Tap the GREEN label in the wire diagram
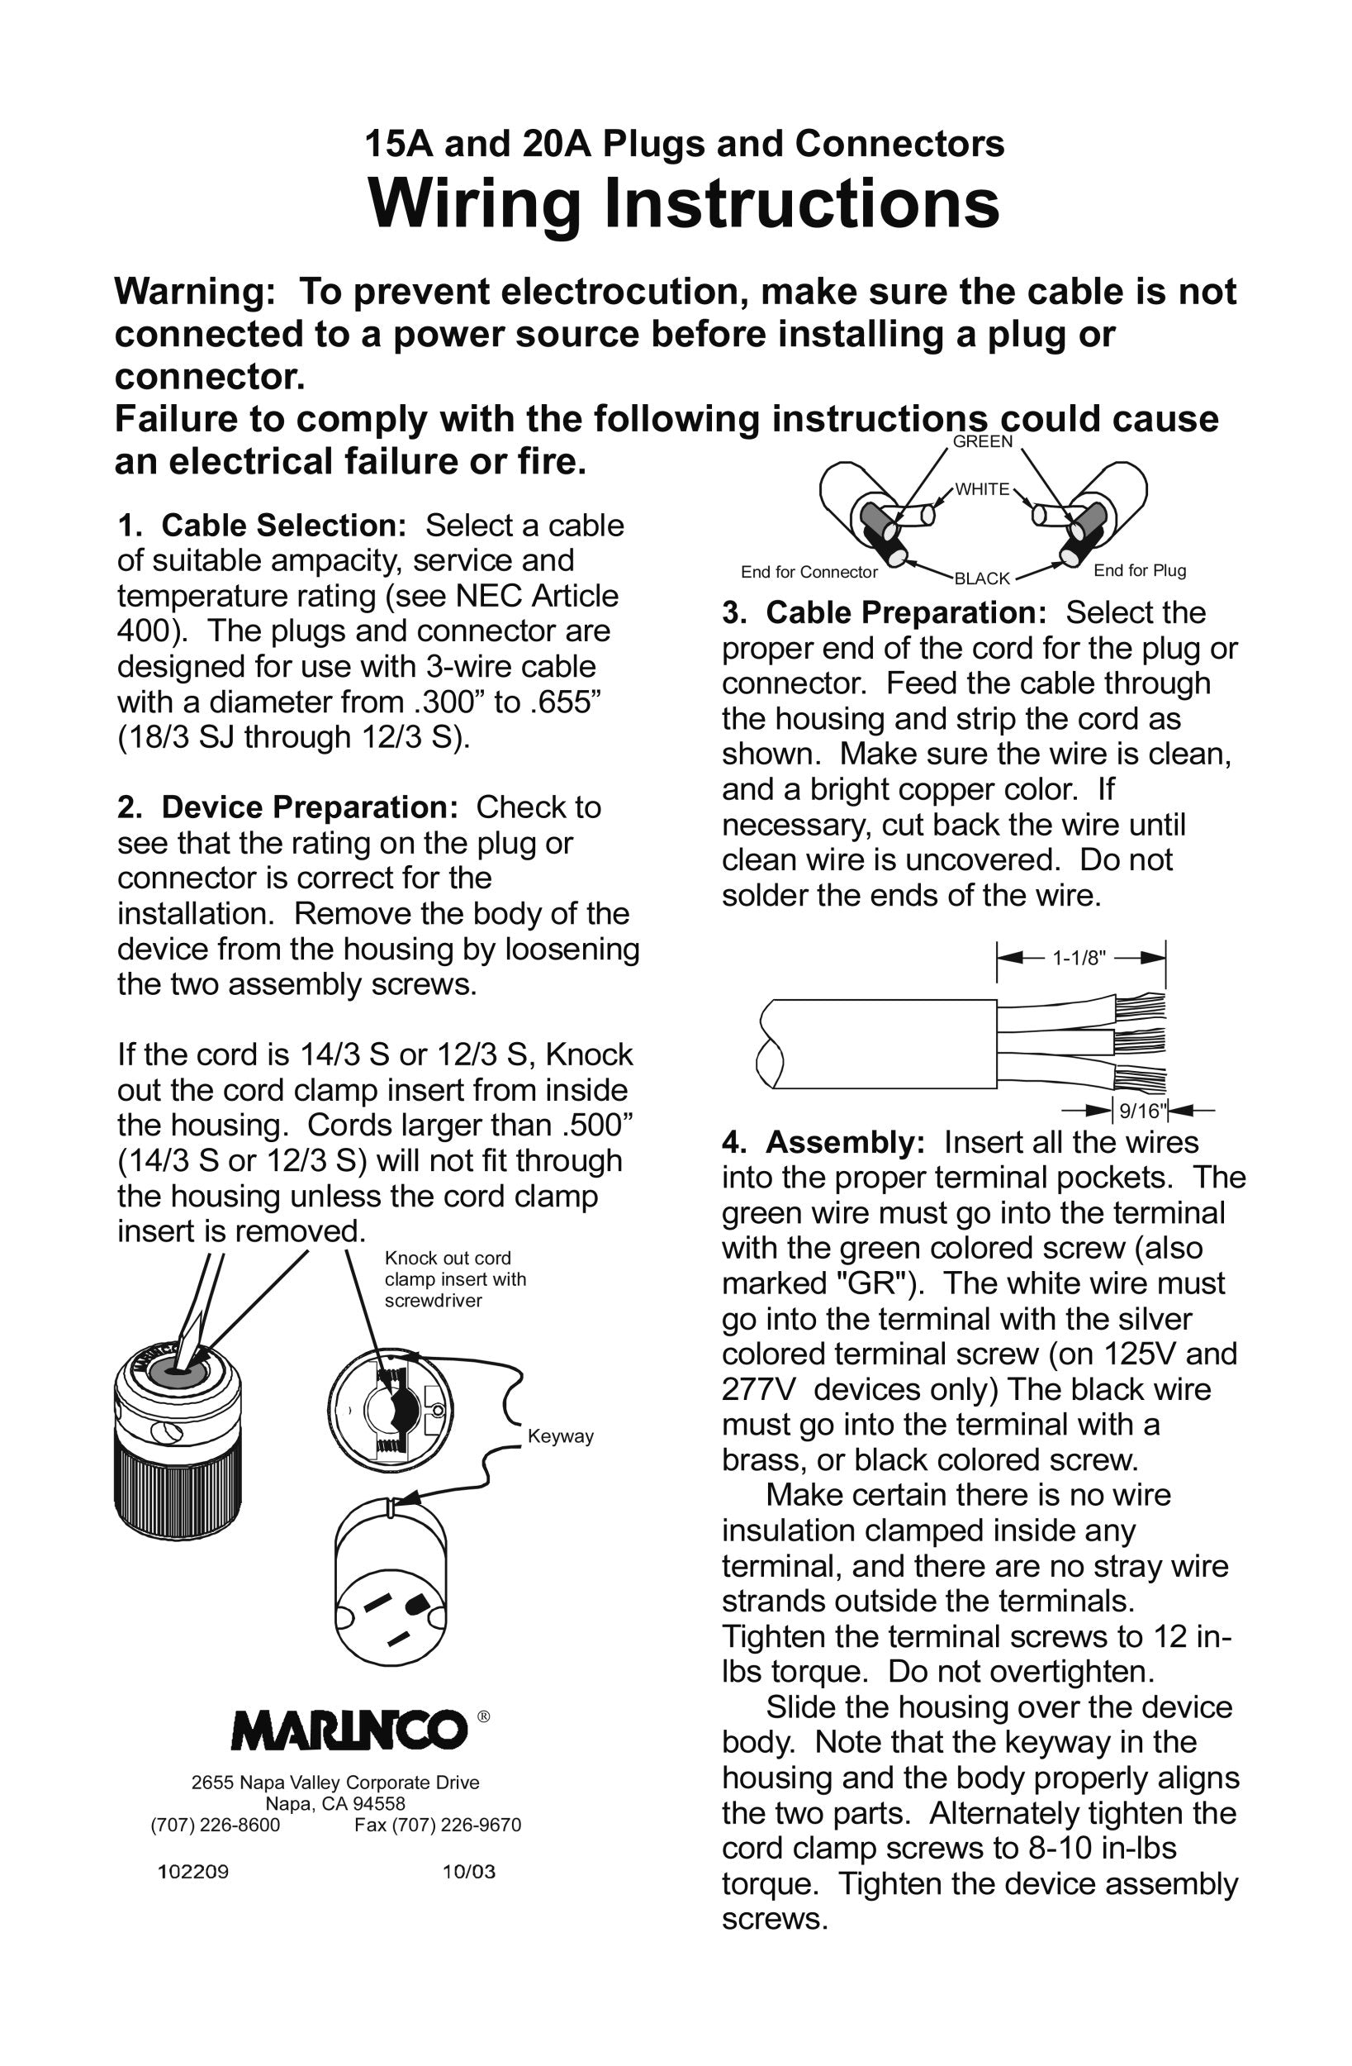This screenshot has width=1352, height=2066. point(982,442)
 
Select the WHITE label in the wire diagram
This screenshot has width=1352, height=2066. point(982,489)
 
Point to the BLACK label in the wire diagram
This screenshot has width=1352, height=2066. point(982,578)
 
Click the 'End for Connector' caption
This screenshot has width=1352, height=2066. point(809,572)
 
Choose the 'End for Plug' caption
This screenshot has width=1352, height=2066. point(1140,570)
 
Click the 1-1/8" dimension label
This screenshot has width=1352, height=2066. point(1079,959)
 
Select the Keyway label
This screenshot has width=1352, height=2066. point(561,1435)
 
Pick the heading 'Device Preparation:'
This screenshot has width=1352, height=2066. point(309,807)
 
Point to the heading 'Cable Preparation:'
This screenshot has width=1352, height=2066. point(906,613)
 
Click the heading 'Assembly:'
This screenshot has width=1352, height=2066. point(845,1142)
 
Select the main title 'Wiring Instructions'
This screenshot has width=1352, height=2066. point(684,204)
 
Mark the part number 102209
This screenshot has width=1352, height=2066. point(192,1872)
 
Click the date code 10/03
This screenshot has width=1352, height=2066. point(468,1872)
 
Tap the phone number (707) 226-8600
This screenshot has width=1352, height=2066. point(216,1825)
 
